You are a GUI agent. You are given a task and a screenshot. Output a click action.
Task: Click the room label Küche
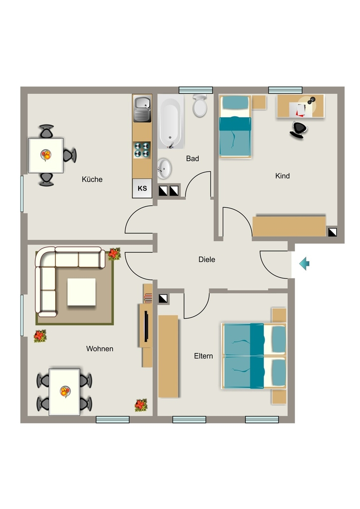pyautogui.click(x=92, y=179)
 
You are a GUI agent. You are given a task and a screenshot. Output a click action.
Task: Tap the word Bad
pyautogui.click(x=192, y=159)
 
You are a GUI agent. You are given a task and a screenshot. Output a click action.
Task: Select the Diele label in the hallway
pyautogui.click(x=207, y=259)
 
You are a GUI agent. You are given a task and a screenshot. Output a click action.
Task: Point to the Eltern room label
pyautogui.click(x=203, y=356)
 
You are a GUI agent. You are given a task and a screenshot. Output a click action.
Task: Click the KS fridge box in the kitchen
pyautogui.click(x=142, y=188)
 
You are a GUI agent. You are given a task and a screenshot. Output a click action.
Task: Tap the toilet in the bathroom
pyautogui.click(x=199, y=105)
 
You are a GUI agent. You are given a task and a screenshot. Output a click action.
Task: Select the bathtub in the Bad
pyautogui.click(x=171, y=122)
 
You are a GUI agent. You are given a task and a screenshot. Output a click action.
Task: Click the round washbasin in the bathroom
pyautogui.click(x=164, y=169)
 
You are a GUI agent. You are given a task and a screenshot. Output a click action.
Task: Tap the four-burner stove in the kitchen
pyautogui.click(x=142, y=150)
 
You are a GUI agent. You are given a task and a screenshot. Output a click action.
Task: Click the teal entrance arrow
pyautogui.click(x=304, y=263)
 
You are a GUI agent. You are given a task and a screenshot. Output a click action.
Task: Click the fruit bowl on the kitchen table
pyautogui.click(x=46, y=155)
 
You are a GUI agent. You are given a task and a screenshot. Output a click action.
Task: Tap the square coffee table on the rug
pyautogui.click(x=82, y=292)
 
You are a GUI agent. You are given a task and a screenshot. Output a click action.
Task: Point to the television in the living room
pyautogui.click(x=146, y=326)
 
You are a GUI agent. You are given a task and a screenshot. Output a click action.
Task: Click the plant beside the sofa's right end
pyautogui.click(x=114, y=254)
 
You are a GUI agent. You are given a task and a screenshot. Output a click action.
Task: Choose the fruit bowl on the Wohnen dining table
pyautogui.click(x=65, y=391)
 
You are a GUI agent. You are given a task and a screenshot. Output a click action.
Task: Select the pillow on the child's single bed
pyautogui.click(x=235, y=102)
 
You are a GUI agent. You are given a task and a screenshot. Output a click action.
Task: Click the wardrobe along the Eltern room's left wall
pyautogui.click(x=168, y=356)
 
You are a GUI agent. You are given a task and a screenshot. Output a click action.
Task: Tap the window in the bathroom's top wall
pyautogui.click(x=196, y=90)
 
